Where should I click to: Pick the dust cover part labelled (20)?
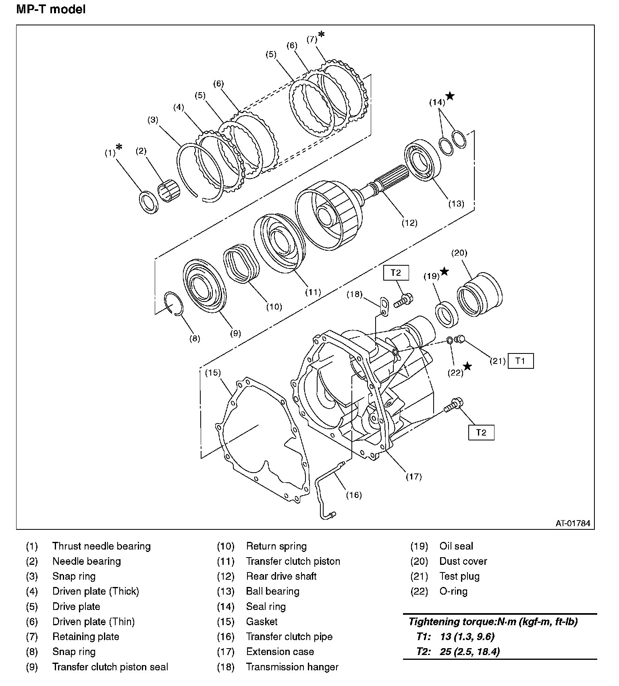479,293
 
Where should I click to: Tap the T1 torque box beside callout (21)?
520,361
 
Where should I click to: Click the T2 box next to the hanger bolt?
396,273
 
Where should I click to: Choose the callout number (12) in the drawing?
409,223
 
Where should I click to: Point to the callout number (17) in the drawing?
413,477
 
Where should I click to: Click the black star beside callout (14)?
450,96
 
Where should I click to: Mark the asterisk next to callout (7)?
321,35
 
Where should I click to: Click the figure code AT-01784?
573,523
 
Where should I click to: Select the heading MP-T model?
51,9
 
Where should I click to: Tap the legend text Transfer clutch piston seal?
110,667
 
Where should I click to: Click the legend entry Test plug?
459,576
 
